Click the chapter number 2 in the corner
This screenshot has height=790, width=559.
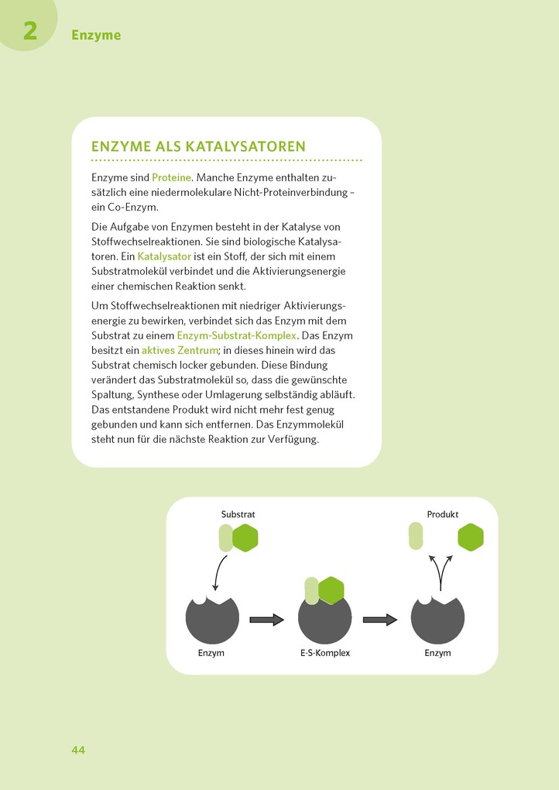[x=30, y=31]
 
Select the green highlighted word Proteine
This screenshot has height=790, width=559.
[x=170, y=177]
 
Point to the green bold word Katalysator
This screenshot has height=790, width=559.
[x=164, y=256]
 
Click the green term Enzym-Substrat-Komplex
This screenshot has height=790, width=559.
[x=236, y=335]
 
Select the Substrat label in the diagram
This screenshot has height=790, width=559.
[x=238, y=514]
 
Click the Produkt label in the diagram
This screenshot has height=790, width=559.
[x=443, y=514]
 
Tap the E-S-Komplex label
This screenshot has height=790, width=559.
[x=325, y=653]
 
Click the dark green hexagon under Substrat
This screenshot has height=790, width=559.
[x=245, y=538]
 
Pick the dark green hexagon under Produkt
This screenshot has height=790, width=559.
[x=471, y=537]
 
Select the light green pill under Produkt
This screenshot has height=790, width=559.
[x=416, y=536]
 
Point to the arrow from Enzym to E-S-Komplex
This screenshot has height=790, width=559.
[x=267, y=620]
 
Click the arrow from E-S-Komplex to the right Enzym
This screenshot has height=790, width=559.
[x=380, y=620]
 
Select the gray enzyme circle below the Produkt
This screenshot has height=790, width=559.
[x=437, y=621]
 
